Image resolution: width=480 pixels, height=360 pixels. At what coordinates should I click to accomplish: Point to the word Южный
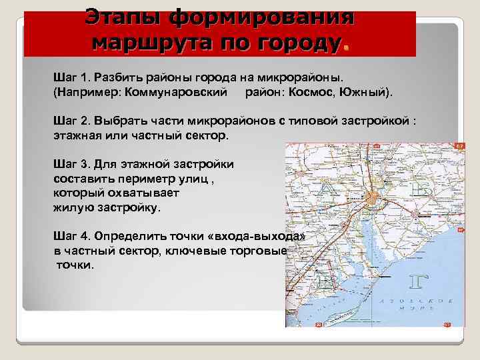click(366, 89)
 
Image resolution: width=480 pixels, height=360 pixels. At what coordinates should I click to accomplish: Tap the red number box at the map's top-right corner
click(459, 145)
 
